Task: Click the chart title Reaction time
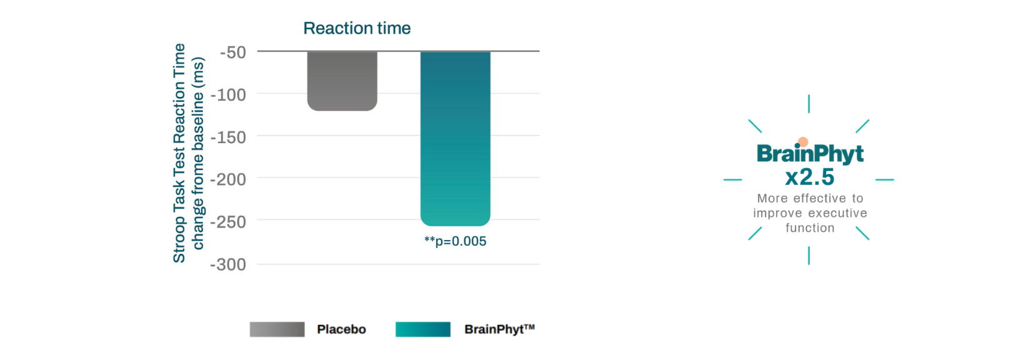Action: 357,28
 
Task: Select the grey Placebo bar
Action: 342,81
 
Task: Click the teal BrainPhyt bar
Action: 455,137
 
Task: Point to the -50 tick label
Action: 233,52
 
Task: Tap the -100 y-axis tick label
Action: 229,95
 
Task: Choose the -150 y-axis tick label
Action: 229,137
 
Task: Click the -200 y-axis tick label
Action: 229,179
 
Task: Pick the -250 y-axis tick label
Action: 229,222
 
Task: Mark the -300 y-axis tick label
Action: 229,264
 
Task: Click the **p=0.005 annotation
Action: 455,241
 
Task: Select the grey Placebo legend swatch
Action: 277,329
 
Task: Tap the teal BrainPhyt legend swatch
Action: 422,329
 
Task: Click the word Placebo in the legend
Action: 341,329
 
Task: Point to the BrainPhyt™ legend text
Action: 499,329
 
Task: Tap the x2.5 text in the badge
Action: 810,177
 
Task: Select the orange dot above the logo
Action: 803,142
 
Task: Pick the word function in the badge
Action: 810,228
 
